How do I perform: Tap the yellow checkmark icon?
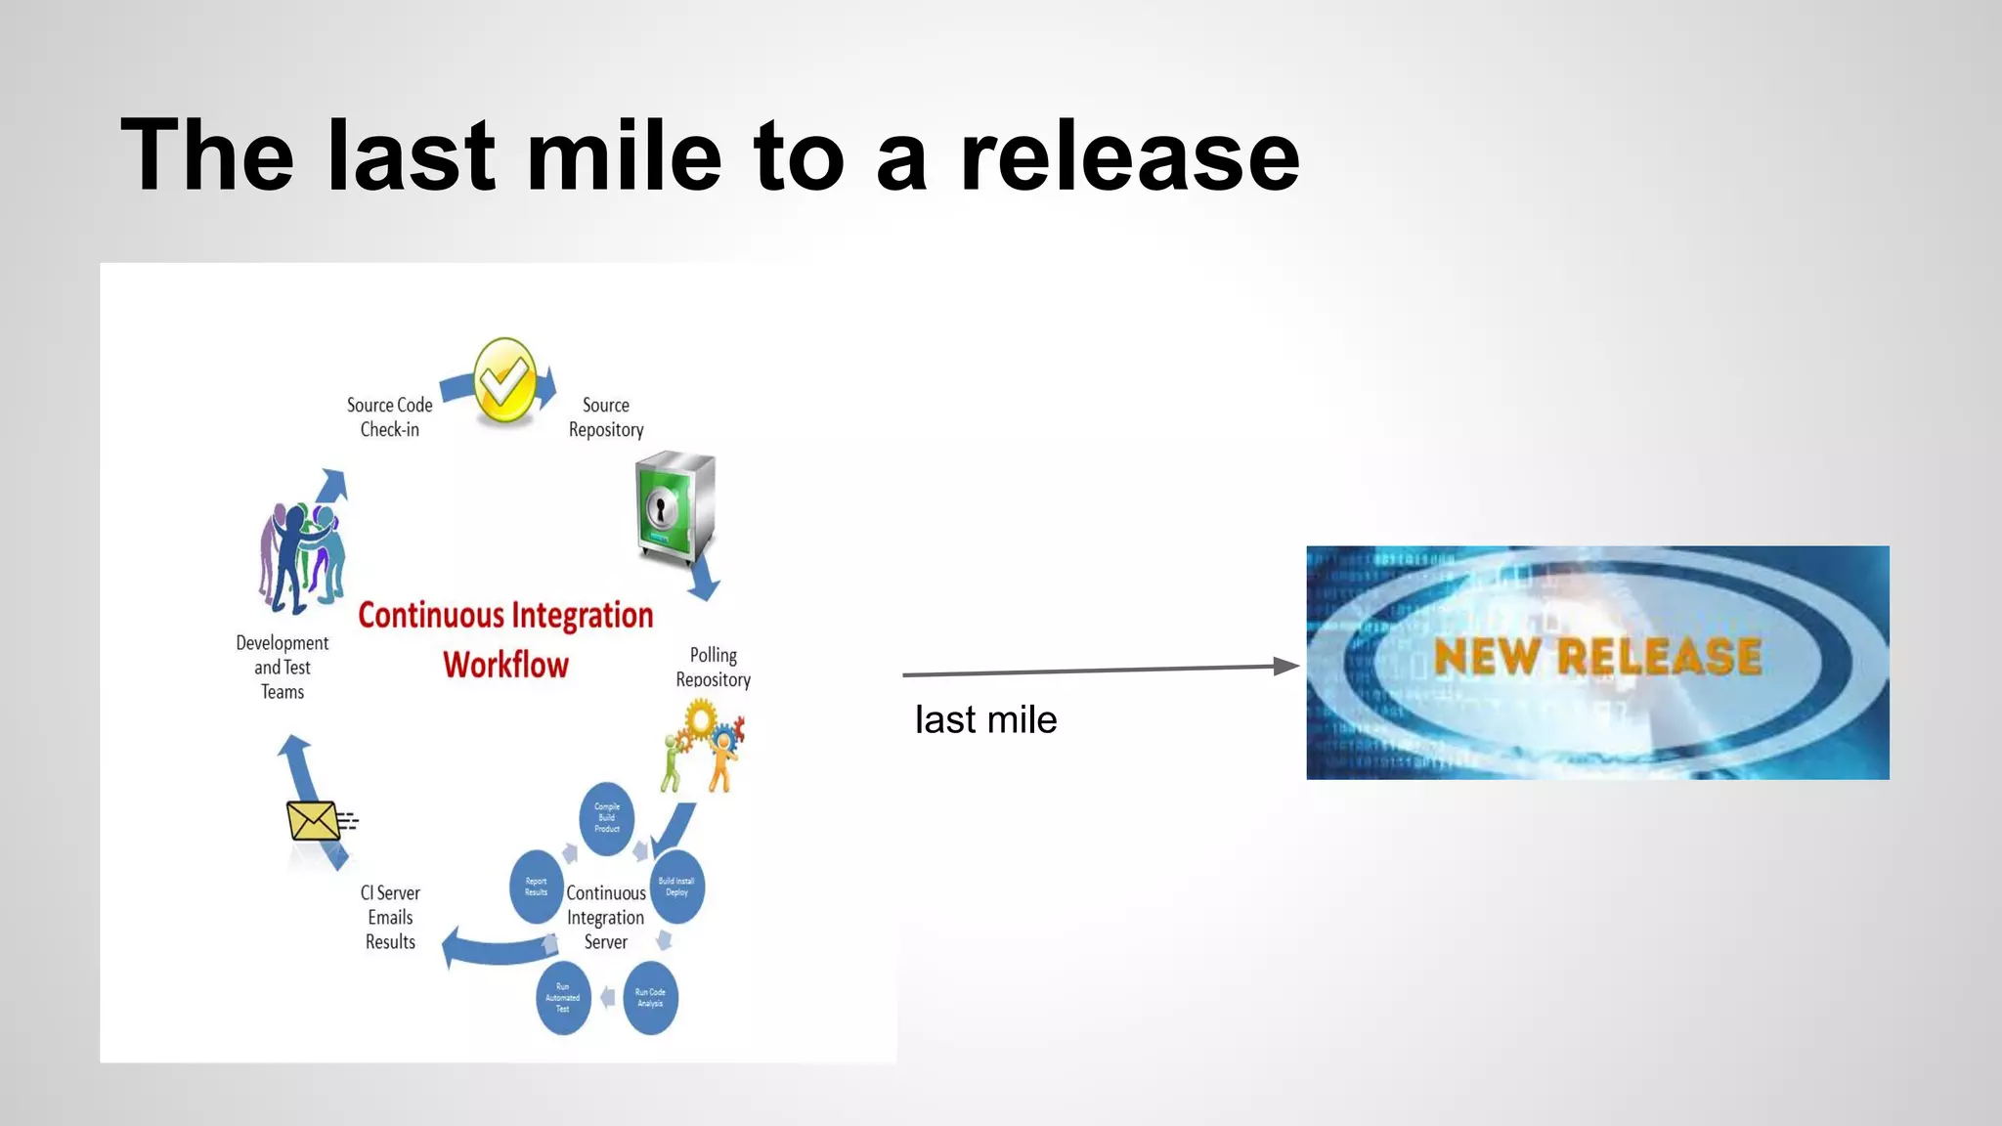click(504, 381)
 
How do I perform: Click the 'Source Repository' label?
click(606, 417)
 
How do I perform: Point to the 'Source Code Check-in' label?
click(389, 417)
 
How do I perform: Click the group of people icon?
click(302, 557)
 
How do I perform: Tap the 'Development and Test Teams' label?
click(283, 668)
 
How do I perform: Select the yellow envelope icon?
click(313, 821)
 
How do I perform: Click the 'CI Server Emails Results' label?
click(390, 917)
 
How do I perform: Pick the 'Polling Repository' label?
click(714, 667)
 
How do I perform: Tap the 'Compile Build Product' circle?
click(607, 817)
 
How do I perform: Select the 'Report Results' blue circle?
click(536, 887)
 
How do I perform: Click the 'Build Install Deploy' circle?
click(676, 887)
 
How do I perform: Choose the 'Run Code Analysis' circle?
click(650, 998)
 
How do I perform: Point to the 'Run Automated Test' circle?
click(563, 998)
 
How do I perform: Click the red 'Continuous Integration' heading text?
click(505, 616)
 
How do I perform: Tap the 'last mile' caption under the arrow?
click(985, 720)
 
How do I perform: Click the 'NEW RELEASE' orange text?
click(1597, 656)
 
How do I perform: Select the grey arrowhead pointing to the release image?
click(1286, 667)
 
